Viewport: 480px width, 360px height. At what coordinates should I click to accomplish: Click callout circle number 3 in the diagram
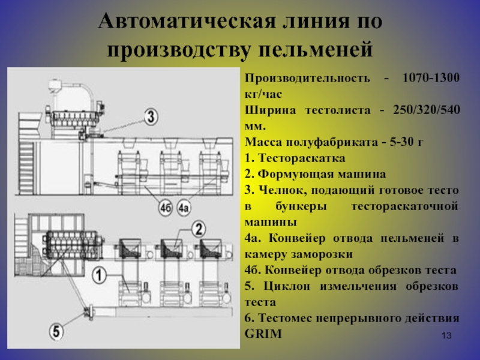pyautogui.click(x=151, y=116)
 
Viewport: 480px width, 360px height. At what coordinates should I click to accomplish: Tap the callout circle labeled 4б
pyautogui.click(x=166, y=208)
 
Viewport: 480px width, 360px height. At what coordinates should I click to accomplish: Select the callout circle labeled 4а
pyautogui.click(x=184, y=208)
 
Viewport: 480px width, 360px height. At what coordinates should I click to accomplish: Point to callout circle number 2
pyautogui.click(x=199, y=229)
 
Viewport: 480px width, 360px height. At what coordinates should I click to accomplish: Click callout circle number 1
pyautogui.click(x=99, y=275)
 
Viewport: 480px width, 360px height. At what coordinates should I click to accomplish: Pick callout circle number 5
pyautogui.click(x=56, y=332)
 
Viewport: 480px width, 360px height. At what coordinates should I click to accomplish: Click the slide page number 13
pyautogui.click(x=446, y=335)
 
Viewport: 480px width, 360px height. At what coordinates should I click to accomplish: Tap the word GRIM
pyautogui.click(x=263, y=334)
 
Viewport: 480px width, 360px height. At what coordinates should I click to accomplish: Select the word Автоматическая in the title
pyautogui.click(x=187, y=22)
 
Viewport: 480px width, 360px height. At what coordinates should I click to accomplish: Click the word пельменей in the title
pyautogui.click(x=316, y=50)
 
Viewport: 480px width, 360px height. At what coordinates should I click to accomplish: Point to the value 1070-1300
pyautogui.click(x=431, y=78)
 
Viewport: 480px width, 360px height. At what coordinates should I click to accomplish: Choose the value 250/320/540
pyautogui.click(x=427, y=110)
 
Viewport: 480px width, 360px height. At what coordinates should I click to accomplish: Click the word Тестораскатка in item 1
pyautogui.click(x=302, y=158)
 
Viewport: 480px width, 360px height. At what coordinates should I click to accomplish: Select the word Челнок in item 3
pyautogui.click(x=283, y=190)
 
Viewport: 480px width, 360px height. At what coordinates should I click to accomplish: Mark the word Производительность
pyautogui.click(x=307, y=79)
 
